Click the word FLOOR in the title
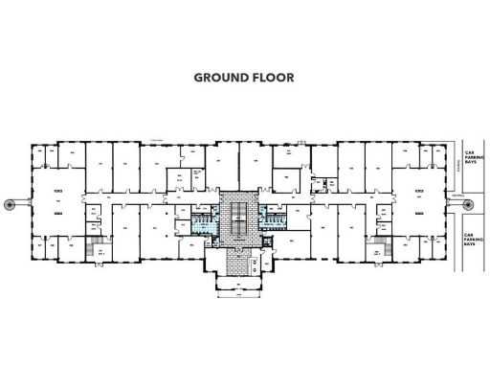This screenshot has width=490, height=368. tap(273, 78)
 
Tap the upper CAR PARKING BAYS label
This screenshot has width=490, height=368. tap(470, 157)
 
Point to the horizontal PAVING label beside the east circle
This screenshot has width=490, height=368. tap(457, 195)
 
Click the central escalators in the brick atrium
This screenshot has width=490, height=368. tap(234, 215)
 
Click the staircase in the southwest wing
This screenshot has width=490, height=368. tap(96, 250)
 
